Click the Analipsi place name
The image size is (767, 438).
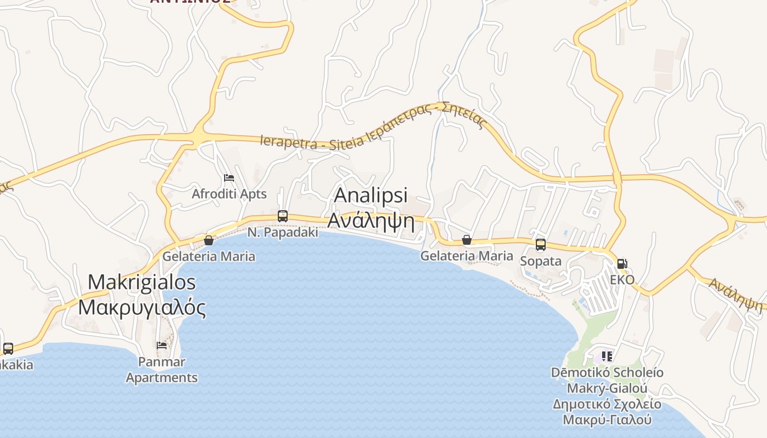pyautogui.click(x=371, y=195)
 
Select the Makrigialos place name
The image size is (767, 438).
pyautogui.click(x=142, y=282)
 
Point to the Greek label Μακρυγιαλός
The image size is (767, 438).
pyautogui.click(x=142, y=307)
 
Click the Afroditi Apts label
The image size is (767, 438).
pyautogui.click(x=229, y=194)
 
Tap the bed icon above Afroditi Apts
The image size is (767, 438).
pyautogui.click(x=229, y=178)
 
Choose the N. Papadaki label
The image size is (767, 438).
pyautogui.click(x=282, y=232)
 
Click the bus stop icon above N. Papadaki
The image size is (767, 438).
pyautogui.click(x=282, y=216)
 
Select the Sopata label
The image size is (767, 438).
pyautogui.click(x=540, y=261)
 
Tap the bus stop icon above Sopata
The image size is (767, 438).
pyautogui.click(x=540, y=245)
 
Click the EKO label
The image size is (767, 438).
pyautogui.click(x=622, y=280)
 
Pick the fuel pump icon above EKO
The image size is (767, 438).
pyautogui.click(x=622, y=264)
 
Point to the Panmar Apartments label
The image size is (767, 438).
pyautogui.click(x=162, y=370)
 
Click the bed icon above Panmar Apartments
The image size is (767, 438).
pyautogui.click(x=162, y=345)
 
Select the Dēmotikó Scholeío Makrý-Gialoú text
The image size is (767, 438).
pyautogui.click(x=607, y=381)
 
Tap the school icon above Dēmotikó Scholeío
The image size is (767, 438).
pyautogui.click(x=607, y=356)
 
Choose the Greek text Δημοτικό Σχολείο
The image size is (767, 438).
pyautogui.click(x=607, y=405)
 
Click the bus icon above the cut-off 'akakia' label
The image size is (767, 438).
pyautogui.click(x=8, y=349)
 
